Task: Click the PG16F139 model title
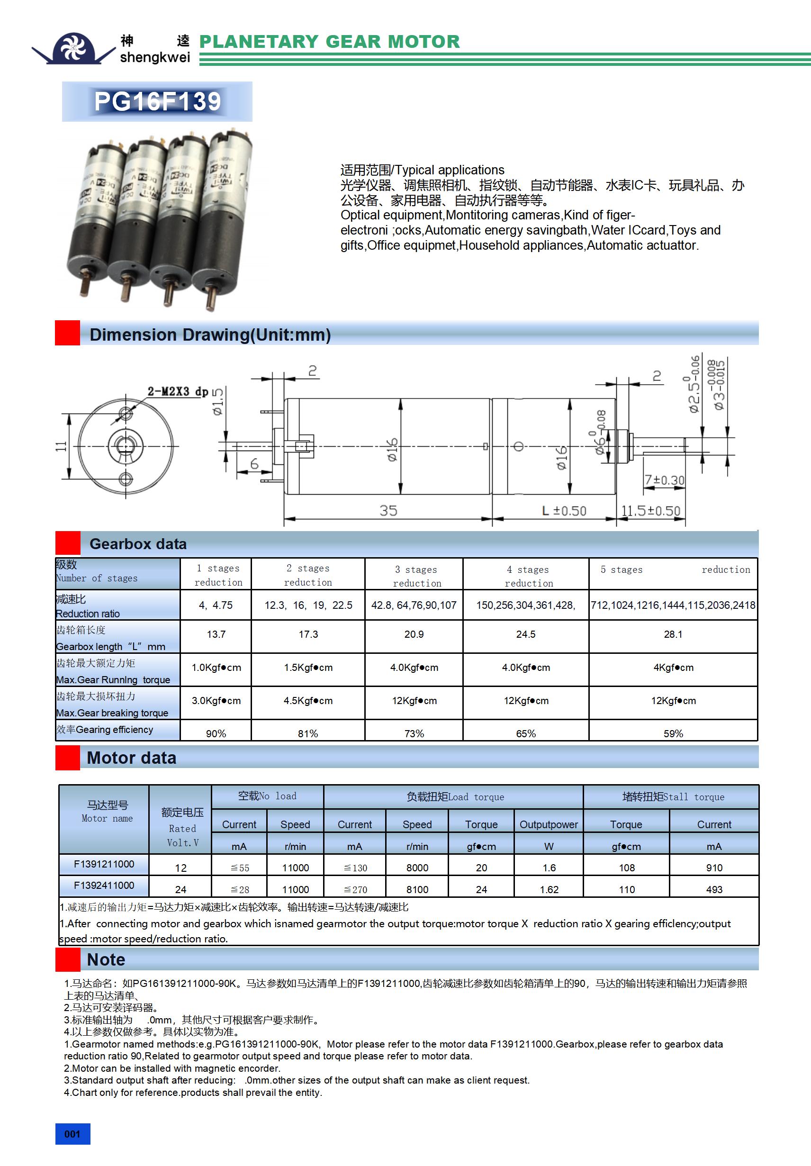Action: (x=157, y=101)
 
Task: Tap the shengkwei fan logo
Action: (x=73, y=48)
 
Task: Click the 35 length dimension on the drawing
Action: (x=388, y=510)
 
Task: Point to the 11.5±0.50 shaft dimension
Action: (x=650, y=510)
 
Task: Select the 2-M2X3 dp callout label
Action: (x=177, y=391)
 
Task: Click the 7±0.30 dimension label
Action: (x=664, y=480)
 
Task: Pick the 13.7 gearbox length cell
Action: (x=216, y=634)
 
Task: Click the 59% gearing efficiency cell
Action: (x=673, y=733)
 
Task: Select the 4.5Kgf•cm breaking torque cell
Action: (x=308, y=701)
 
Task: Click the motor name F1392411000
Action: (x=104, y=885)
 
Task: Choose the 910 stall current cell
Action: (x=714, y=868)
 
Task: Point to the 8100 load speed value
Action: (x=417, y=889)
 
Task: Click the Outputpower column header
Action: (x=549, y=824)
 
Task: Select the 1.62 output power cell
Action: (x=549, y=889)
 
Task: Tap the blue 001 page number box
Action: (x=72, y=1134)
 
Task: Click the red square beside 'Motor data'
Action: (x=68, y=758)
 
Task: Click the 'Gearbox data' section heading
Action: (x=138, y=544)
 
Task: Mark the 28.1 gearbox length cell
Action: (x=673, y=634)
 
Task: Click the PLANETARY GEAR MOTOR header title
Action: (x=330, y=42)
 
